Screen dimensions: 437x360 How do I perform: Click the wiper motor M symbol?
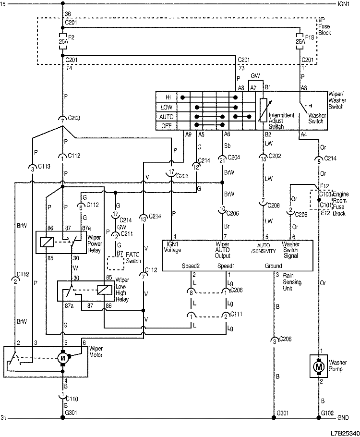(x=62, y=358)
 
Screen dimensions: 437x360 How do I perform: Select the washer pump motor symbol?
(x=318, y=366)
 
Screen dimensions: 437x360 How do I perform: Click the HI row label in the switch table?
(x=168, y=97)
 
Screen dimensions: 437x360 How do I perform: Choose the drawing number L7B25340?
(x=340, y=432)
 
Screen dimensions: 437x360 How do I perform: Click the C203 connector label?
(x=75, y=118)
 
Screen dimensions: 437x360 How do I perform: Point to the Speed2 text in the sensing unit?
(x=190, y=266)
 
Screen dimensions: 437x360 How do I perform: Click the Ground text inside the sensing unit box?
(x=273, y=266)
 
